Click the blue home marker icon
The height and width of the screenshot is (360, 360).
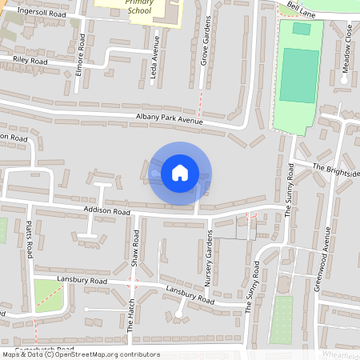point(180,172)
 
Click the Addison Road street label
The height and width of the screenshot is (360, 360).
point(106,212)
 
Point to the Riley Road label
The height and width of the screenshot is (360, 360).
point(30,61)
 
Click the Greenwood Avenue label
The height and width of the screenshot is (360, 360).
point(326,249)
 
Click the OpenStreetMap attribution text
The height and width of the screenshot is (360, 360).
point(80,354)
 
